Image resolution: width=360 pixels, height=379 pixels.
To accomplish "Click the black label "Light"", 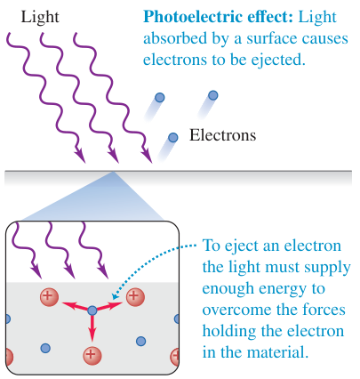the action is point(40,17).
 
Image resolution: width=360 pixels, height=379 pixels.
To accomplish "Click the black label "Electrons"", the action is point(222,135).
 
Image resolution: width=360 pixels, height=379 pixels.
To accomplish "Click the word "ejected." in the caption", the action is point(278,60).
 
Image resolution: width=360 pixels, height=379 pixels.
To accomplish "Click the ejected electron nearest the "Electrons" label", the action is point(172,137).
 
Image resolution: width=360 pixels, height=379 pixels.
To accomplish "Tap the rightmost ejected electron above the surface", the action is point(212,95).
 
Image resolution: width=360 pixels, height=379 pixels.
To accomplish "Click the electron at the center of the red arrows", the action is point(92,310).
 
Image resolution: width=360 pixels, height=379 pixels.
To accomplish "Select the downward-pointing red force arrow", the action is point(92,328).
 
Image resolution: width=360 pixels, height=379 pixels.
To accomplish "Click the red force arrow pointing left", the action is point(75,306).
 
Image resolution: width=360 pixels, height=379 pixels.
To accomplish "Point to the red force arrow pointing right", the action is point(109,306).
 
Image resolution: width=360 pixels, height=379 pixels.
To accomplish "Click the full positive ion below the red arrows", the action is point(92,355).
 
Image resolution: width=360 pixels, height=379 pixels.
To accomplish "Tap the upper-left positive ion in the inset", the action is point(49,297).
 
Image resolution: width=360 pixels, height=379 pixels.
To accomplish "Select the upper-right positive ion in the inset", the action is point(135,297).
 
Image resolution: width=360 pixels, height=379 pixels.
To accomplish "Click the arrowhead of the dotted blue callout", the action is point(115,296).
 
